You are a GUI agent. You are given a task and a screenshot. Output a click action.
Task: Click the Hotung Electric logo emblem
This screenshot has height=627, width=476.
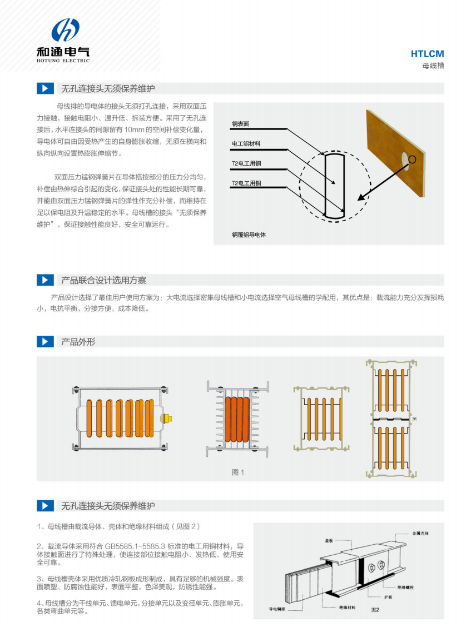point(65,29)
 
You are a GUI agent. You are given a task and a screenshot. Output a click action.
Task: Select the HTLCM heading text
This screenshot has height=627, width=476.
point(427,54)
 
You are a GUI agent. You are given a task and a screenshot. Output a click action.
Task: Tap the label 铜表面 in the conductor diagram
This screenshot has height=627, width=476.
point(240,124)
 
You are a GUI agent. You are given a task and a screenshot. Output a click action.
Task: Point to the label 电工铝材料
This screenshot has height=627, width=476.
point(246,143)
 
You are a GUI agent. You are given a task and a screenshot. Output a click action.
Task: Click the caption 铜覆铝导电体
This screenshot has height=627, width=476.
point(249,235)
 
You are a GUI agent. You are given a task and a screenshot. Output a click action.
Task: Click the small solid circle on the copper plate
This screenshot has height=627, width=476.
point(412,160)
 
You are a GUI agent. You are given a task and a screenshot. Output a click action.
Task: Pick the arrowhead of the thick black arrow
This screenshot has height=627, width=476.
point(361,197)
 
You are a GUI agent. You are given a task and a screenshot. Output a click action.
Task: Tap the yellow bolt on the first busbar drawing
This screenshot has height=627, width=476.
point(166,419)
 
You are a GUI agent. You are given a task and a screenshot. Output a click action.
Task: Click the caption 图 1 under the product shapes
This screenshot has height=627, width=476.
point(238,472)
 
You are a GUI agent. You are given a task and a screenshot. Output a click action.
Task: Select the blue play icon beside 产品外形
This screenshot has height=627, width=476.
point(45,341)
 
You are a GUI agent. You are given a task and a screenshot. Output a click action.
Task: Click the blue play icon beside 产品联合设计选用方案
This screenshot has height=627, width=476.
point(45,280)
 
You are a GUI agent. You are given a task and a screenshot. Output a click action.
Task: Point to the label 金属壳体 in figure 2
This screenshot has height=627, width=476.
point(420,534)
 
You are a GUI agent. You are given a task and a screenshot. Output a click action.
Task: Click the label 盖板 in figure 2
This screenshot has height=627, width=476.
point(329,541)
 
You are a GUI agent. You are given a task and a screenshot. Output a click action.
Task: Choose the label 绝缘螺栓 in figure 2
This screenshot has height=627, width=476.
point(405,588)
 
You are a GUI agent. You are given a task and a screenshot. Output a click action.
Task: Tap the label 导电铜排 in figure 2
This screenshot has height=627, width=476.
point(277,609)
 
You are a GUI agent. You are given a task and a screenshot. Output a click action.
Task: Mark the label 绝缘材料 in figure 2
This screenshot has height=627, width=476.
point(347,608)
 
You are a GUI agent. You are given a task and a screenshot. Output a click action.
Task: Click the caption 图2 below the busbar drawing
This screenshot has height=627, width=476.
point(375,609)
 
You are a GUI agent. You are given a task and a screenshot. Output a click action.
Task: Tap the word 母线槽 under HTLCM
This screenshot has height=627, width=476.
point(433,66)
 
